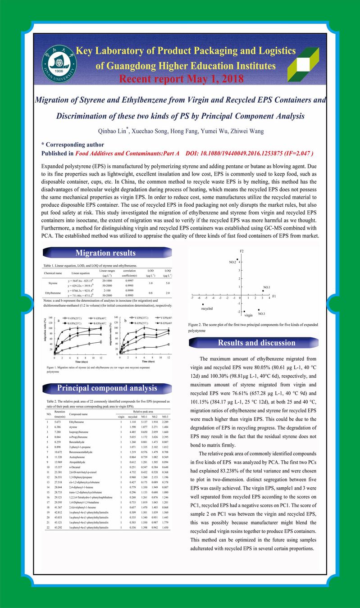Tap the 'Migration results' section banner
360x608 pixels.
(105, 253)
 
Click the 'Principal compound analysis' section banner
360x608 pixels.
(107, 388)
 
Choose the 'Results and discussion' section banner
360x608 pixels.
(256, 343)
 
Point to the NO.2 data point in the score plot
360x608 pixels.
(237, 259)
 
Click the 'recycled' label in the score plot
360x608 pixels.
(207, 309)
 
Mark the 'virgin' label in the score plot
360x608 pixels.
(248, 315)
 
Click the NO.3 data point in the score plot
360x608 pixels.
(259, 310)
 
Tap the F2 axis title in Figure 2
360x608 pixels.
(242, 250)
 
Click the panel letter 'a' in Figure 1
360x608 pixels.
(59, 321)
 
